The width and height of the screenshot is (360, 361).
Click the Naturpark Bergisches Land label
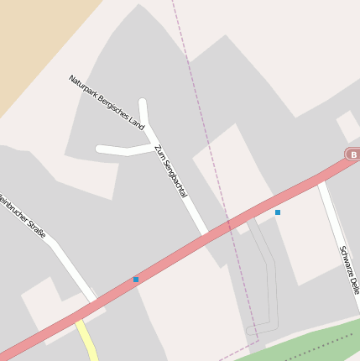click(x=107, y=103)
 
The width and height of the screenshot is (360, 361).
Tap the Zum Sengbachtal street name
click(x=170, y=170)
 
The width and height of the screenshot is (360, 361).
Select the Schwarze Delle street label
click(x=349, y=269)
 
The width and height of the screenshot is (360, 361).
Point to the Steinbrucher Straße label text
click(x=23, y=216)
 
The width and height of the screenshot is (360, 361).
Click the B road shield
click(x=353, y=155)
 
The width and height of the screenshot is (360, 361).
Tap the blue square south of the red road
click(x=277, y=212)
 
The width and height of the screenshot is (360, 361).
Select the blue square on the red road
click(x=136, y=279)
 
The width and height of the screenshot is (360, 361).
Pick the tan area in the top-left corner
click(x=34, y=42)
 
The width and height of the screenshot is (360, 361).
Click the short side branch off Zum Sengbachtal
click(x=126, y=150)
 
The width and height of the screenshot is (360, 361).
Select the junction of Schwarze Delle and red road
click(x=319, y=180)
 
